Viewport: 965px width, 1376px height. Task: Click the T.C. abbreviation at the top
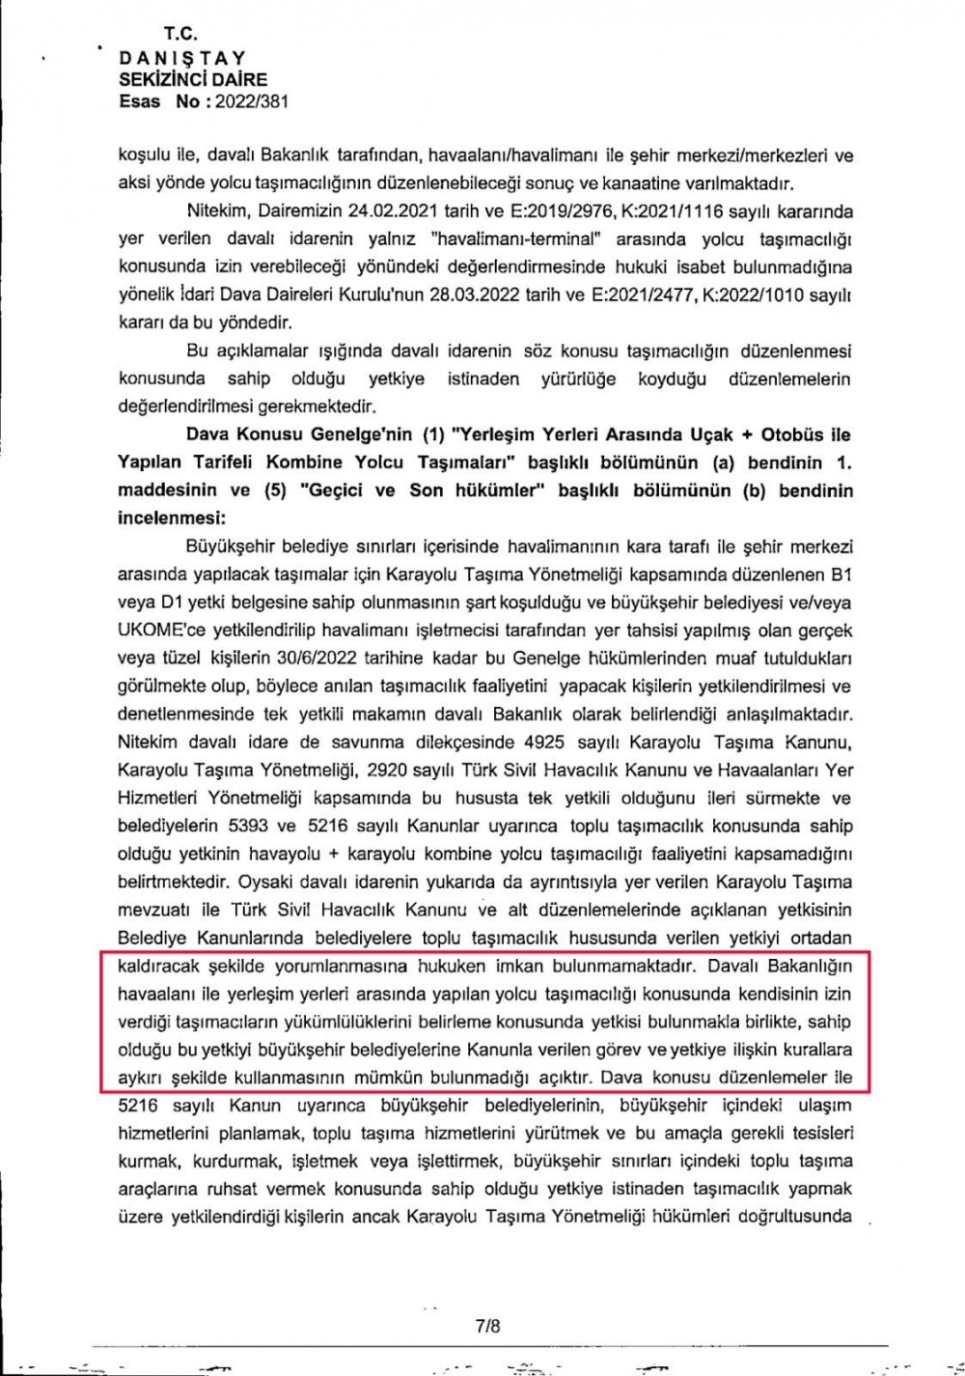click(180, 34)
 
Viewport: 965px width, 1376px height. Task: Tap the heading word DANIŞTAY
click(183, 58)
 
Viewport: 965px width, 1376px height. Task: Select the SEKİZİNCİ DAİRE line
click(193, 79)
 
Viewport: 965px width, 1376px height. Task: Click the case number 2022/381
click(252, 101)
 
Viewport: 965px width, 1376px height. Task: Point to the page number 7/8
click(488, 1326)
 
